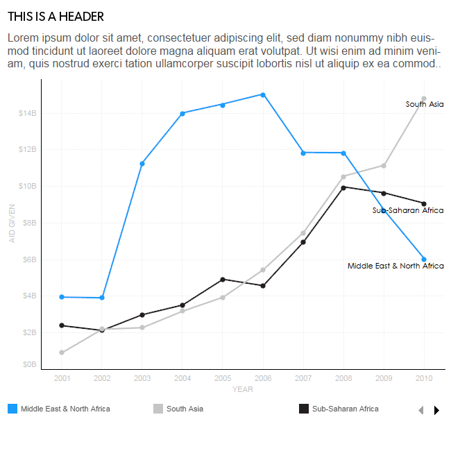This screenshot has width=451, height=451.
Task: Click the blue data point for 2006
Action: tap(263, 94)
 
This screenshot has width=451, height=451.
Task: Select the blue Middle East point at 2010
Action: tap(424, 259)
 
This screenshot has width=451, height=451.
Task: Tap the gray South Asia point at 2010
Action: tap(424, 99)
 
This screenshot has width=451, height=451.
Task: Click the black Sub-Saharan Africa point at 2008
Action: tap(343, 187)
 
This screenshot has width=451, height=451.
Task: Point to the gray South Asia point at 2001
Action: tap(62, 352)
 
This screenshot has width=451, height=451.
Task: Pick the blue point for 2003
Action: tap(142, 164)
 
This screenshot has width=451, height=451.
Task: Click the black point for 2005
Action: tap(223, 280)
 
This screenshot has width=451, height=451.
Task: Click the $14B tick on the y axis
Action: tap(28, 113)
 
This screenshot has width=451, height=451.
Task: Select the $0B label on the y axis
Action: tap(29, 364)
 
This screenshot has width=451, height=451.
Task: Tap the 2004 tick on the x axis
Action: tap(182, 378)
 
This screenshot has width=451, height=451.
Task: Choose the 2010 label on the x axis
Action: tap(424, 378)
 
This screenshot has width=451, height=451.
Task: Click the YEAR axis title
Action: tap(243, 389)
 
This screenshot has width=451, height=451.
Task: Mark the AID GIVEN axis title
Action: tap(12, 223)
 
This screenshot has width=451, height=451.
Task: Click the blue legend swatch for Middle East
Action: tap(12, 409)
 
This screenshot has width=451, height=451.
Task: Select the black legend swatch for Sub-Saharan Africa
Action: tap(303, 409)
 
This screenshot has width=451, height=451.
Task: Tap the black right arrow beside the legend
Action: tap(436, 410)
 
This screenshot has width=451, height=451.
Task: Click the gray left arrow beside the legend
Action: tap(420, 410)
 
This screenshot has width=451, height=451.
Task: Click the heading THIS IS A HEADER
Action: tap(56, 17)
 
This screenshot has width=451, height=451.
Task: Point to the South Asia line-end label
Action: tap(425, 104)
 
